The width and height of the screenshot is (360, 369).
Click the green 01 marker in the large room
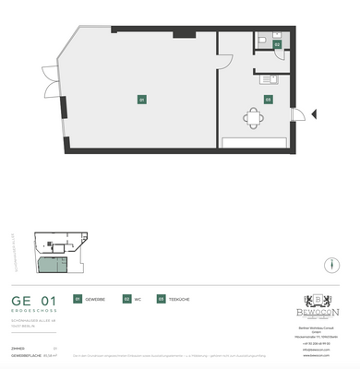[141, 99]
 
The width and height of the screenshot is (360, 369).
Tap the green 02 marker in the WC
[277, 44]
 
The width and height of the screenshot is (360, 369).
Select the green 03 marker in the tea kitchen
[268, 99]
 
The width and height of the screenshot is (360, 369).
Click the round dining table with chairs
[254, 116]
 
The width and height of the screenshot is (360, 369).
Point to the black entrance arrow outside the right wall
[313, 114]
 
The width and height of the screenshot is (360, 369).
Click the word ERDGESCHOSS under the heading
[34, 311]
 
